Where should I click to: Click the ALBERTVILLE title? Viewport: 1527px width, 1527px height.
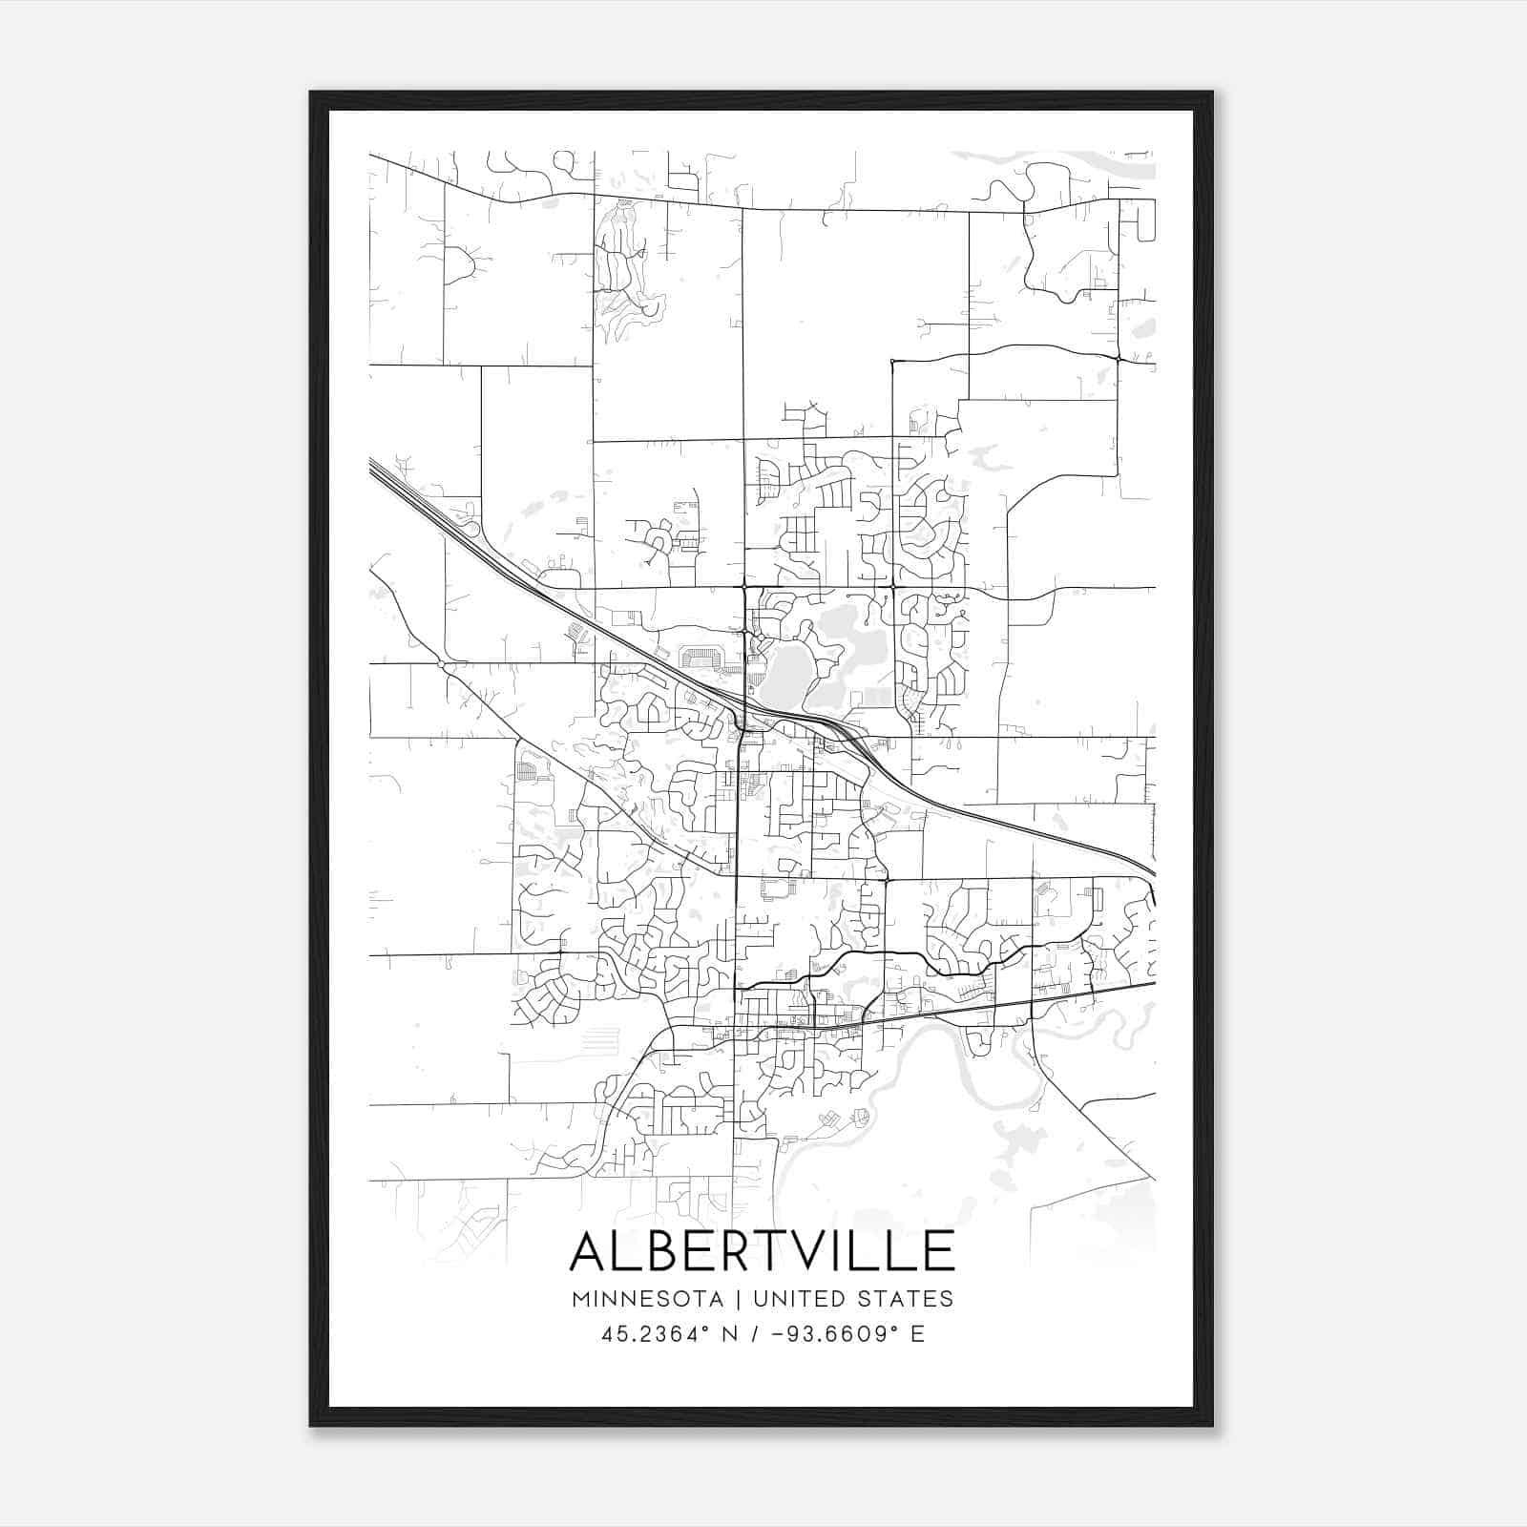762,1251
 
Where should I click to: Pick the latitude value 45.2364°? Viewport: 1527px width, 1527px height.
656,1334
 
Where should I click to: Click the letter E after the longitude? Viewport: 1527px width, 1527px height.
918,1334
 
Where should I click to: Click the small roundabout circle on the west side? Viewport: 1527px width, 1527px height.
440,663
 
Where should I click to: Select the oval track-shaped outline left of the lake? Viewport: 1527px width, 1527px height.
701,658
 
